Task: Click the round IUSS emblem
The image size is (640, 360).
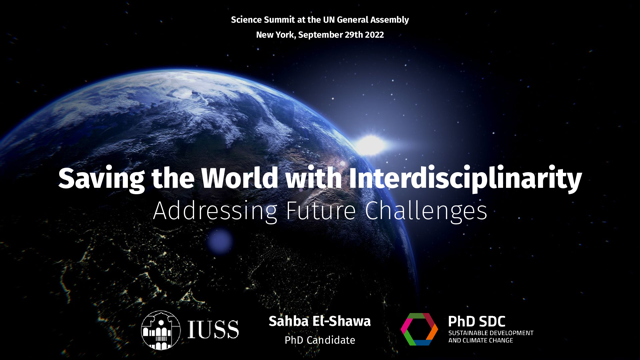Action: [161, 328]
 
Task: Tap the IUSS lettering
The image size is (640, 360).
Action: [214, 329]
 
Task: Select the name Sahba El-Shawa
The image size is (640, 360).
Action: [320, 321]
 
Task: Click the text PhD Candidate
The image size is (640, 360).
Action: [320, 340]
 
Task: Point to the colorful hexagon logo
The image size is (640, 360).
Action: [419, 329]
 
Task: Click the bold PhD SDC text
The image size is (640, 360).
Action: [477, 321]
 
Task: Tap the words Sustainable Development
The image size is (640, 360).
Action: [491, 333]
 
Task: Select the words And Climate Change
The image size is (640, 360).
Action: [484, 341]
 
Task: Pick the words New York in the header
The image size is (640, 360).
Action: [276, 35]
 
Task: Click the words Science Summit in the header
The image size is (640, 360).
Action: [263, 20]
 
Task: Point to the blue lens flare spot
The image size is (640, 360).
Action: [220, 241]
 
